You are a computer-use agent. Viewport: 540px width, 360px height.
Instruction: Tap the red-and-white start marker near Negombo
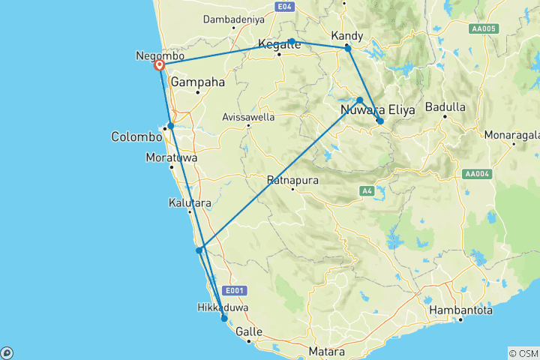[160, 66]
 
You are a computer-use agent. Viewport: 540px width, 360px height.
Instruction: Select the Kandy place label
[346, 36]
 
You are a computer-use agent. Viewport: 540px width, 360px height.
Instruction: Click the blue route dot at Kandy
[348, 49]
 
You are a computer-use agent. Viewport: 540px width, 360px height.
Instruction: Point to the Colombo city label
[136, 137]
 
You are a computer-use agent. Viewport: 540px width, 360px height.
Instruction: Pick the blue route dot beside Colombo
[171, 126]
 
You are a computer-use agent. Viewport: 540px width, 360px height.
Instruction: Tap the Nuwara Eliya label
[377, 110]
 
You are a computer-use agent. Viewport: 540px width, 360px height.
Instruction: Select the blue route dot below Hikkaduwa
[224, 319]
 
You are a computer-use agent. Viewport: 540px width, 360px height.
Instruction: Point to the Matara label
[326, 351]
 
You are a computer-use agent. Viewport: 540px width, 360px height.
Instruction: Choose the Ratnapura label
[292, 180]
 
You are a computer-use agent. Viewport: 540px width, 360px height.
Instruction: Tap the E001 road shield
[234, 291]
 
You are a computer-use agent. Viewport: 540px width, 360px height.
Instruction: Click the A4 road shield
[367, 192]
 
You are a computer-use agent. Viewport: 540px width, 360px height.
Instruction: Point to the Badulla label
[445, 106]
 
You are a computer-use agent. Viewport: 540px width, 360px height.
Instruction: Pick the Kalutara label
[189, 203]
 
